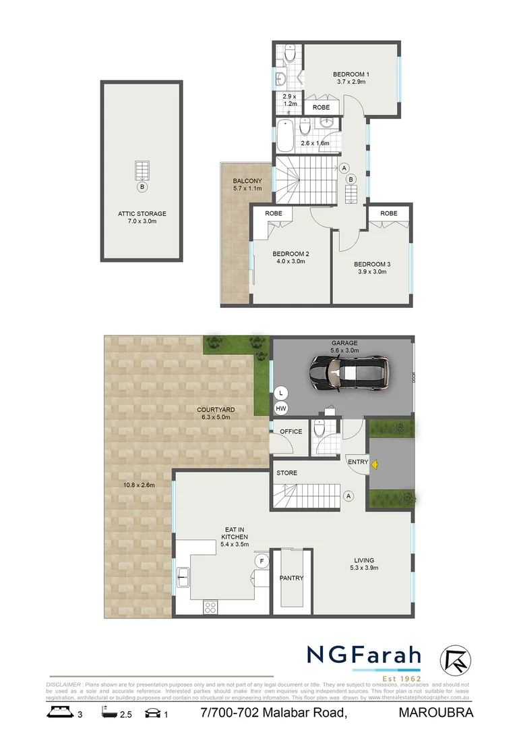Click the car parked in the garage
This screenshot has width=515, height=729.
[348, 373]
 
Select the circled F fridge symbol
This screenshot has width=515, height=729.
[260, 560]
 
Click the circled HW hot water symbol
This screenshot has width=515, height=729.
[280, 408]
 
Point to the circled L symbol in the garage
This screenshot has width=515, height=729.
[280, 392]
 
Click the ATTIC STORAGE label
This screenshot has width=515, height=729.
[142, 214]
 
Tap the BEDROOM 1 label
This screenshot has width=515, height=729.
[351, 74]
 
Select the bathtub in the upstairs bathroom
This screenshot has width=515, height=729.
[285, 135]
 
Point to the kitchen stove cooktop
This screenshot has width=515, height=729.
[210, 605]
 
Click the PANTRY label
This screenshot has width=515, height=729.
[291, 578]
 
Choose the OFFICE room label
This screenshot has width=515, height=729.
[291, 431]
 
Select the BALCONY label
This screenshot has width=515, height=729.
[243, 181]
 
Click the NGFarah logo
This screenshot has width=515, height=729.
[364, 655]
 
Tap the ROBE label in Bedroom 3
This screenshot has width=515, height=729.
[388, 213]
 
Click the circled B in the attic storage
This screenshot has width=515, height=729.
[142, 186]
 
